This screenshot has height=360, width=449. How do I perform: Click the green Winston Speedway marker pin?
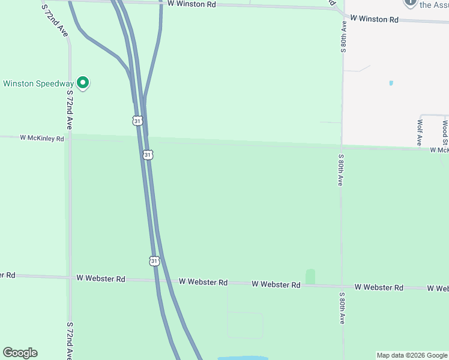83,83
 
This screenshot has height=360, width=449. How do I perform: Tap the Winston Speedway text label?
38,83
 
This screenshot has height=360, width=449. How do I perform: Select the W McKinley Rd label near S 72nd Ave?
41,138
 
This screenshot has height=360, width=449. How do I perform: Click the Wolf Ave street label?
420,132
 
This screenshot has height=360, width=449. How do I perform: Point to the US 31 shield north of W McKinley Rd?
138,121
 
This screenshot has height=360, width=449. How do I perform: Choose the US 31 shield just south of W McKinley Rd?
148,155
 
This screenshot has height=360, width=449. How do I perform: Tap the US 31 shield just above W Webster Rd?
154,261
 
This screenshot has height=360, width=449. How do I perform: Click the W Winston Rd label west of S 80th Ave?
191,4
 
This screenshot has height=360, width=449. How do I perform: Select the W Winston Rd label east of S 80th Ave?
374,19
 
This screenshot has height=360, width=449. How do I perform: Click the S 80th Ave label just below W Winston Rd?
343,38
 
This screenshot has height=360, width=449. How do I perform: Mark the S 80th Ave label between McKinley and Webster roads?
341,170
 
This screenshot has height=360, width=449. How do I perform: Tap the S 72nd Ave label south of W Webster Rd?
70,340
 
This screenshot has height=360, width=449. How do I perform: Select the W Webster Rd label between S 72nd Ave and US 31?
101,279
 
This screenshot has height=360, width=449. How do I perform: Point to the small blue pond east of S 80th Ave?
391,83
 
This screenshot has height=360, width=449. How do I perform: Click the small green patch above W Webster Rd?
310,277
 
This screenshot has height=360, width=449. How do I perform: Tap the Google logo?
20,353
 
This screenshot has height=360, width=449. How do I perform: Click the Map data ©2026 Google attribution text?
412,355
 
